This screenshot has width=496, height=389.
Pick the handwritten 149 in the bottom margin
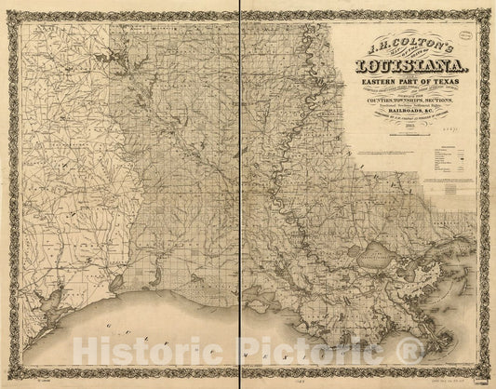pyautogui.click(x=245, y=381)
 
